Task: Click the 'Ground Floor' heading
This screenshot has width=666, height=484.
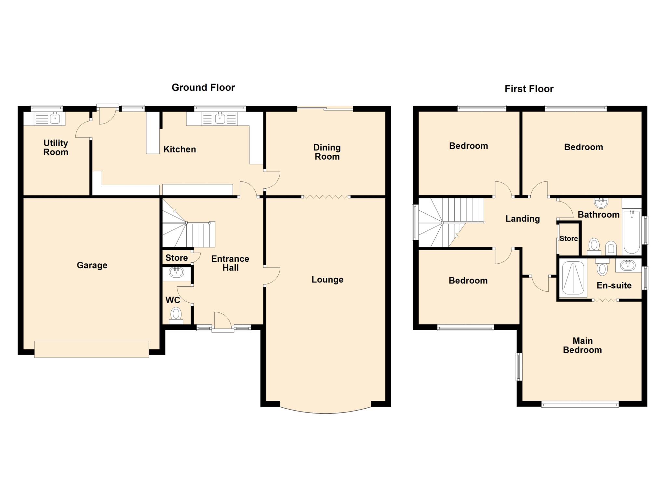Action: [x=203, y=87]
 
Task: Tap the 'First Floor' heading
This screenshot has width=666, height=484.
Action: [x=529, y=89]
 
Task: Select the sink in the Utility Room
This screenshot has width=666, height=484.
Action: [x=55, y=119]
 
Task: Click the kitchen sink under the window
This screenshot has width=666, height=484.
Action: [x=220, y=119]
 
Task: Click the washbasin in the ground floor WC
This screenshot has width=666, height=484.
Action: [x=176, y=272]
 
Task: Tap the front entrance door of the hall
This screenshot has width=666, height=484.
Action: [x=222, y=321]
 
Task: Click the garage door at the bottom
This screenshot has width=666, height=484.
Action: [x=91, y=349]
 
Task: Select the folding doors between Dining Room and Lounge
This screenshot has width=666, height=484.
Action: [x=326, y=197]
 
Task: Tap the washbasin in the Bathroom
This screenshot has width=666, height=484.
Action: [x=601, y=203]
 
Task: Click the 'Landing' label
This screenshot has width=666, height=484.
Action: [x=522, y=219]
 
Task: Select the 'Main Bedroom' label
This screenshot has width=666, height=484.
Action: [x=582, y=345]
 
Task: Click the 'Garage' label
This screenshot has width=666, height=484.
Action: [x=92, y=265]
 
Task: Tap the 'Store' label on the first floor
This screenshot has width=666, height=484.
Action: [x=568, y=239]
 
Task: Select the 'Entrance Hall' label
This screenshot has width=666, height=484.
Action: [x=230, y=263]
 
